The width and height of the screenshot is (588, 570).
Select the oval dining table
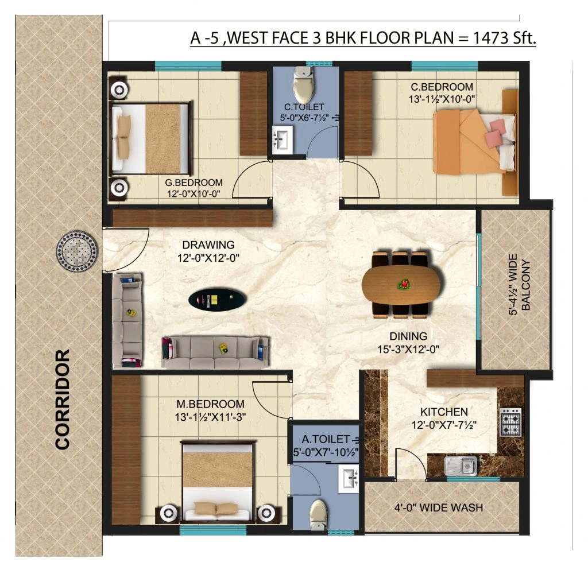(x=402, y=284)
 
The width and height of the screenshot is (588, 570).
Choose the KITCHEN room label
(x=444, y=412)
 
